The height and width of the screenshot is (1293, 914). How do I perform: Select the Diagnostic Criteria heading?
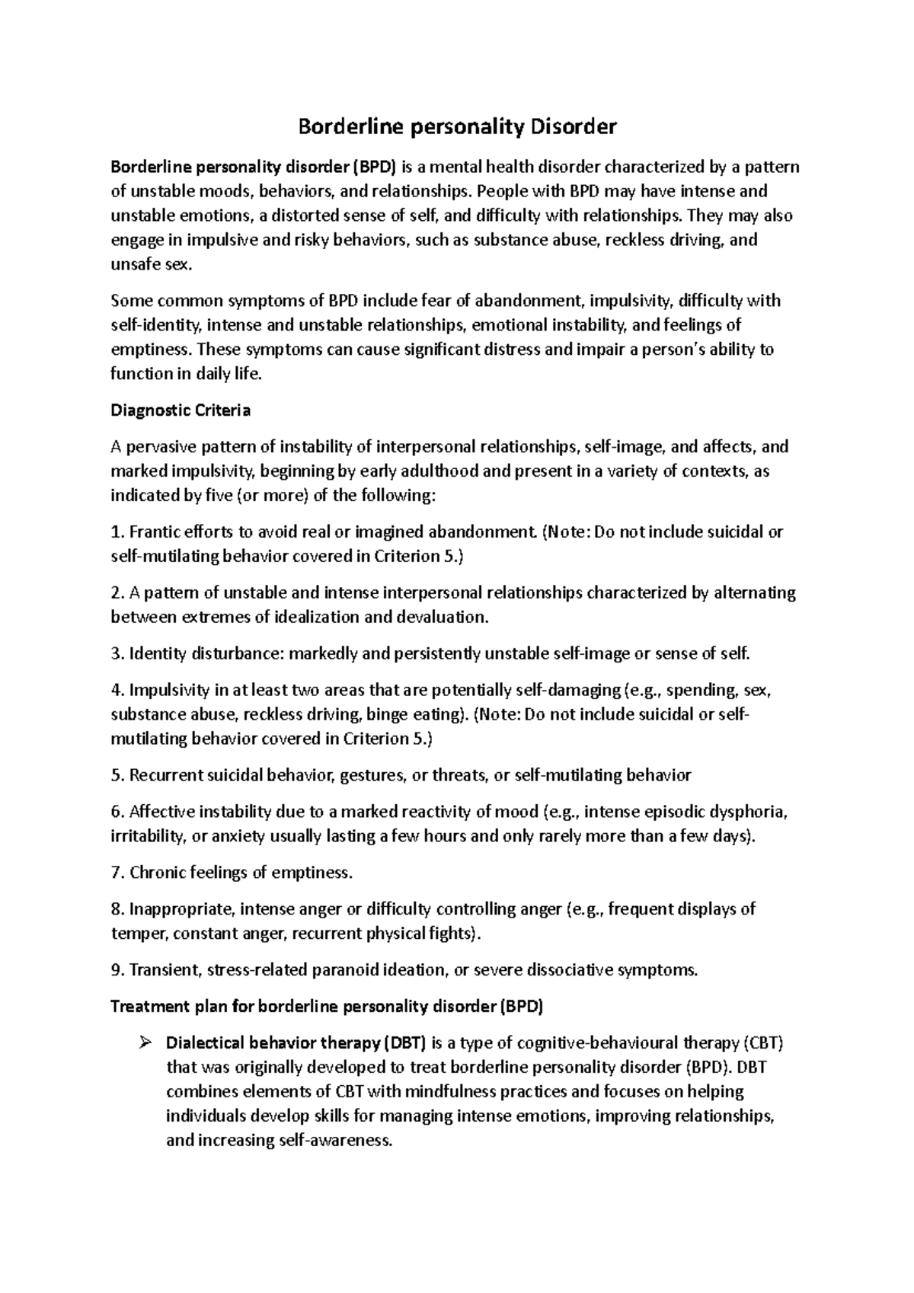(x=181, y=410)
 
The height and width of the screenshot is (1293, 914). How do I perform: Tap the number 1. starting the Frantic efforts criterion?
(x=117, y=532)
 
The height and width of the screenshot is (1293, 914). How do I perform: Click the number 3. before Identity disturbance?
(x=117, y=653)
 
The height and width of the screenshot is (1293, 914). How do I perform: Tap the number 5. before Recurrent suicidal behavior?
(x=117, y=775)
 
